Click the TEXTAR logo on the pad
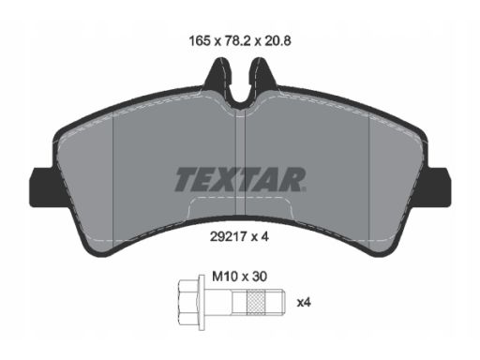click(x=240, y=179)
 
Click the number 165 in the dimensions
click(x=199, y=41)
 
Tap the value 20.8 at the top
click(x=277, y=41)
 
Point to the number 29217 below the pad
click(x=229, y=237)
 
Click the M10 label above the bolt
click(x=225, y=277)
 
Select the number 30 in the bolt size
click(x=259, y=277)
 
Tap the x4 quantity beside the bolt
click(x=304, y=303)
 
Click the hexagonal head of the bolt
click(x=188, y=303)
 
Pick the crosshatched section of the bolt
click(x=256, y=303)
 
